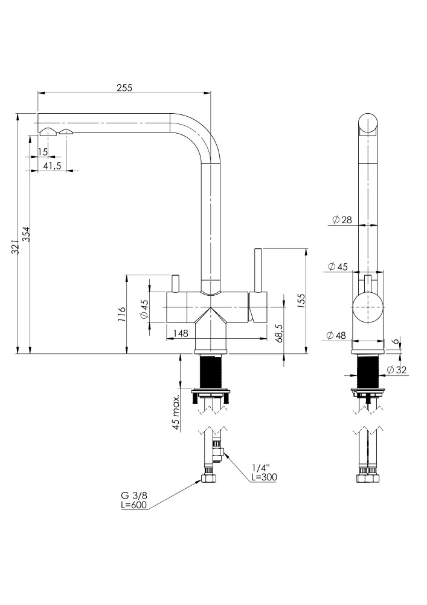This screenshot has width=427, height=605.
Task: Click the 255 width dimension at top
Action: click(124, 88)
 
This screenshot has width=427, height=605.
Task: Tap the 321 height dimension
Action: click(15, 246)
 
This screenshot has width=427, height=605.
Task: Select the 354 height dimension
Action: click(26, 234)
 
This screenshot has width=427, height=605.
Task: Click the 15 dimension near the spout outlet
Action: click(43, 152)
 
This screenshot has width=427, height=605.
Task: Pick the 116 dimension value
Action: click(122, 315)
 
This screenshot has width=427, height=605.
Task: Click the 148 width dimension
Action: click(181, 333)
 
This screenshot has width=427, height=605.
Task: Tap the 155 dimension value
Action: click(301, 301)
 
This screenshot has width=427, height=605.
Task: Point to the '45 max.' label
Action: click(176, 412)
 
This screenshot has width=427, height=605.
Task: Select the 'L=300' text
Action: click(264, 477)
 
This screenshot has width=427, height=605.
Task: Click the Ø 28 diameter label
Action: click(342, 220)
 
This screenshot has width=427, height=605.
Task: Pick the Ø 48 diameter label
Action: click(336, 335)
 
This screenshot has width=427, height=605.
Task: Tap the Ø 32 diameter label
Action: click(396, 370)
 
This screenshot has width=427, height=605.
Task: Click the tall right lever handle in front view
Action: click(258, 271)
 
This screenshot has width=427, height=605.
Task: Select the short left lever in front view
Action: click(176, 284)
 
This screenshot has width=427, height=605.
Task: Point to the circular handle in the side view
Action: click(368, 307)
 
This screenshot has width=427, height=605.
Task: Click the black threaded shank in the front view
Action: click(211, 371)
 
